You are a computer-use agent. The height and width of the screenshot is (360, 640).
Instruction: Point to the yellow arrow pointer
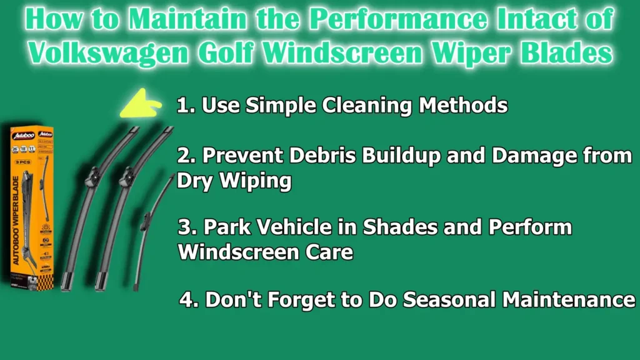tap(142, 104)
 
